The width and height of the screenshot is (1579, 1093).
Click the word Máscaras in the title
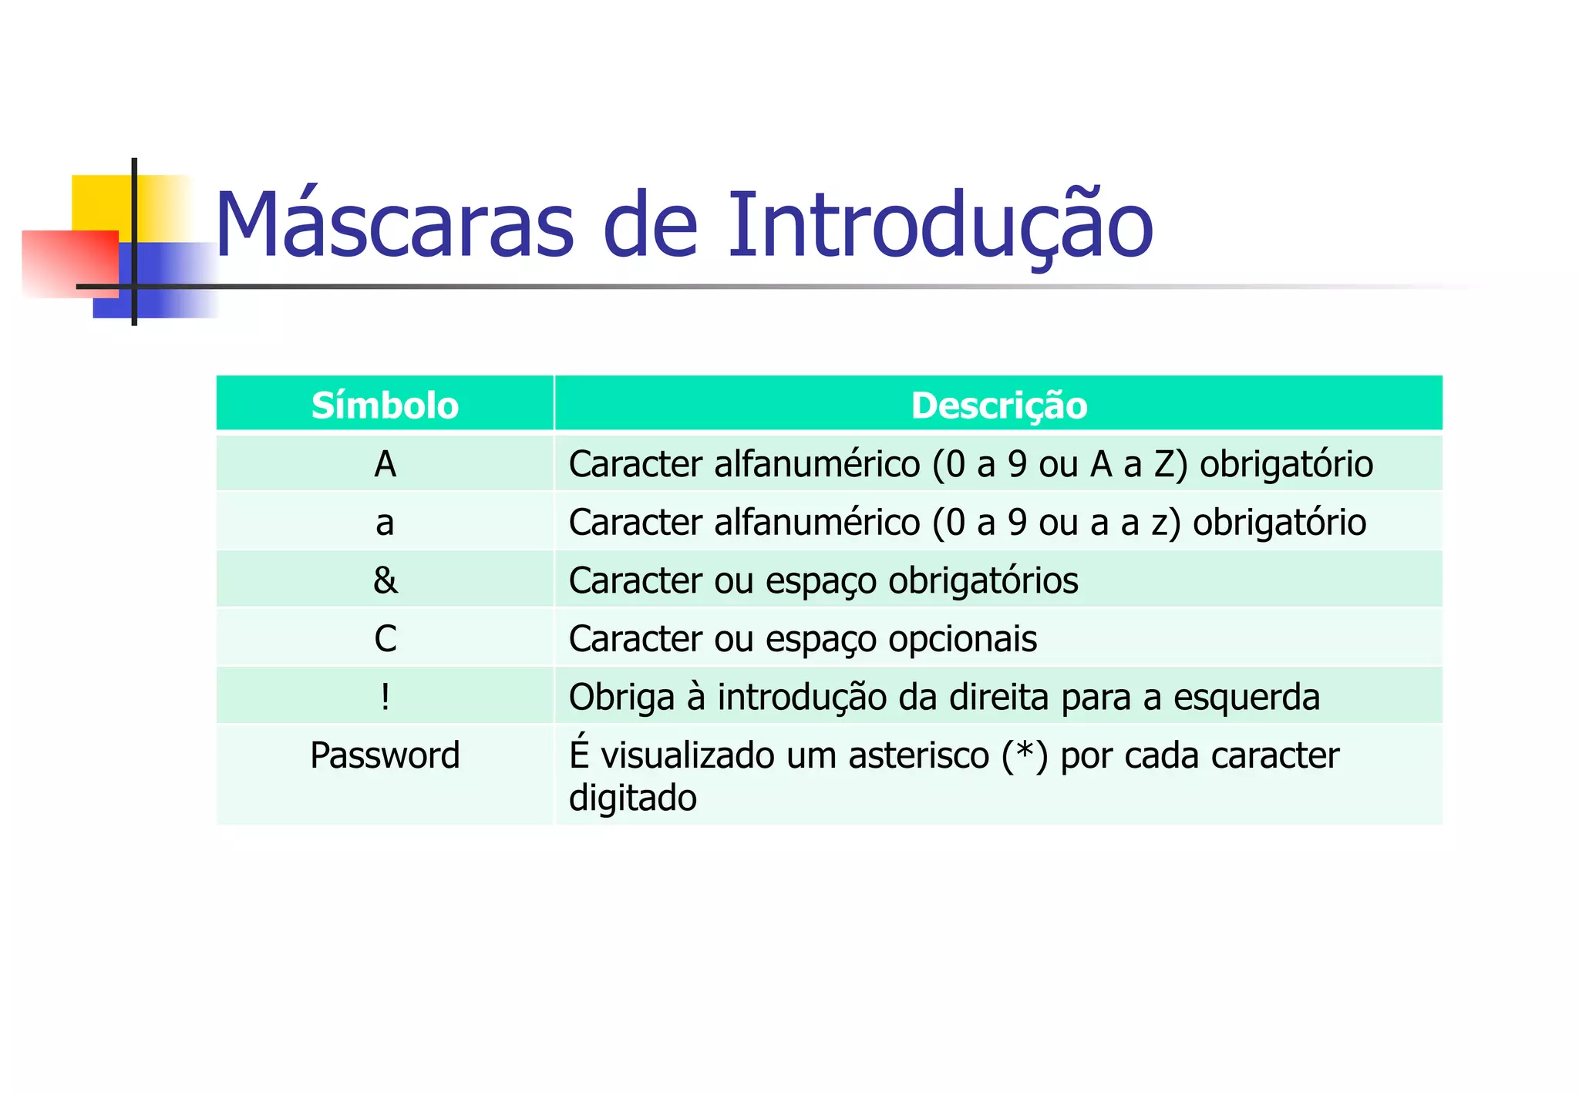[x=393, y=225]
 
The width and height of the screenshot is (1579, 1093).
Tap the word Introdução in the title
[x=940, y=225]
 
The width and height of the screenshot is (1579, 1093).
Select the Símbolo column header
[x=385, y=405]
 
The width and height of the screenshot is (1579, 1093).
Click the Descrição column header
[x=998, y=405]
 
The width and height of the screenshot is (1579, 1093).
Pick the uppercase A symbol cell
[x=385, y=464]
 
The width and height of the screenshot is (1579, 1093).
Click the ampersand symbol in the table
[x=385, y=580]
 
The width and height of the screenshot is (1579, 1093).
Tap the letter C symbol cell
[x=385, y=639]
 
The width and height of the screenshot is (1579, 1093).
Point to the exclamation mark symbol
[x=385, y=697]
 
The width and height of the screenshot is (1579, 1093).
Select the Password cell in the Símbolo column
[x=385, y=755]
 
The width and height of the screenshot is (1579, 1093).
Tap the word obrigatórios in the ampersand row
[x=983, y=580]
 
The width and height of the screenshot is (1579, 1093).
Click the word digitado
[x=632, y=798]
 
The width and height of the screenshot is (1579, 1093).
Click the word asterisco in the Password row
[x=918, y=755]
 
